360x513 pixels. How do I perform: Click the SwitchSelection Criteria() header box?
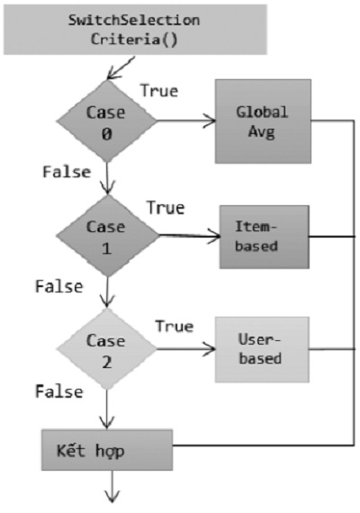coord(135,30)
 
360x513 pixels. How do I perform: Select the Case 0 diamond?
coord(107,121)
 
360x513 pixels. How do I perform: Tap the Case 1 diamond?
coord(107,236)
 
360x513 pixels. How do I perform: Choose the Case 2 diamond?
coord(107,349)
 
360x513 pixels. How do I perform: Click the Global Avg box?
coord(263,121)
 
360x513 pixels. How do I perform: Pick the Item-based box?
coord(264,237)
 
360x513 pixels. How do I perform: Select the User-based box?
coord(262,349)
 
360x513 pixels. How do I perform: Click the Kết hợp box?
coord(107,450)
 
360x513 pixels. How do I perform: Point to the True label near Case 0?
coord(159,91)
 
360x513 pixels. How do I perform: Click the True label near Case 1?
coord(166,207)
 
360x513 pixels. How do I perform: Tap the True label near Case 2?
coord(175,326)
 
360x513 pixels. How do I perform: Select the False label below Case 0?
coord(67,172)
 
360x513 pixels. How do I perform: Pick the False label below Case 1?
coord(59,286)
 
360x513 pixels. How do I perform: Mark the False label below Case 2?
coord(59,391)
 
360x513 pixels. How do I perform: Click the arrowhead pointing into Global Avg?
coord(210,121)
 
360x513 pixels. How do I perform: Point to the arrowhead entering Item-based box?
coord(214,236)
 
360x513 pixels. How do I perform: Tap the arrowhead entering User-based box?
coord(210,349)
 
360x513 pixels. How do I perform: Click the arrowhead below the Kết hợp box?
coord(112,497)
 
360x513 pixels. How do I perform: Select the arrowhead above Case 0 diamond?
coord(113,73)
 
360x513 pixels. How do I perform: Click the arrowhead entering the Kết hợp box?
coord(107,423)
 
